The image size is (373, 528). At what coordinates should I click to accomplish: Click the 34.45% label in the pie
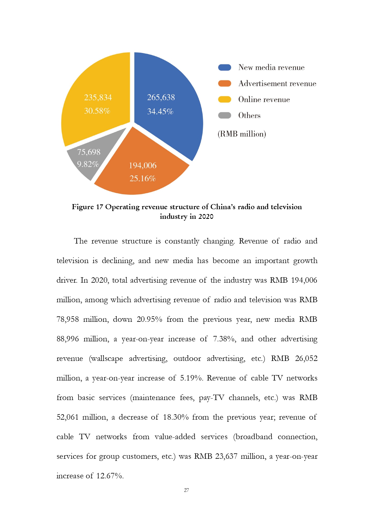[160, 112]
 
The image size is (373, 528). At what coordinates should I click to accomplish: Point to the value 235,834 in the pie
[98, 98]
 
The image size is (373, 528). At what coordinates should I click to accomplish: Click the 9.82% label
[88, 164]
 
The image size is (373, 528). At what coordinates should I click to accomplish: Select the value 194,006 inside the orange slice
[143, 166]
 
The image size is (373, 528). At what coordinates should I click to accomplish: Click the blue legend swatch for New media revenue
[225, 67]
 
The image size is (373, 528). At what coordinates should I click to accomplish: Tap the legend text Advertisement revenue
[277, 84]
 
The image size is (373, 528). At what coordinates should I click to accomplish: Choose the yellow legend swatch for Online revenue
[225, 99]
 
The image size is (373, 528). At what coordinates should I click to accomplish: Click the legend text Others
[249, 116]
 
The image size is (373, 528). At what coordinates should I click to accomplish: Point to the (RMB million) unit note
[242, 134]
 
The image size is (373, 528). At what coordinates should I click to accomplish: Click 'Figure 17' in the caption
[87, 207]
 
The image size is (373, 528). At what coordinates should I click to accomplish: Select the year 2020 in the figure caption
[206, 216]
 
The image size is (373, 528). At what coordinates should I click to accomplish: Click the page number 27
[186, 490]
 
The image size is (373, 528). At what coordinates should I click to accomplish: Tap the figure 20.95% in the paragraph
[149, 319]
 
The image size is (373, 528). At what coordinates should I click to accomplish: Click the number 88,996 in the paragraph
[68, 339]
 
